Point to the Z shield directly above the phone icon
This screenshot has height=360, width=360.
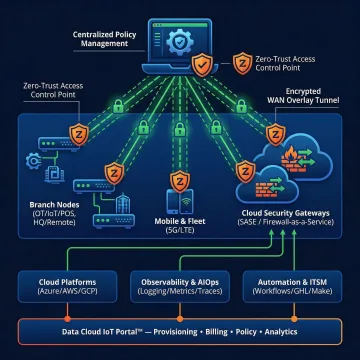point(180,182)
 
